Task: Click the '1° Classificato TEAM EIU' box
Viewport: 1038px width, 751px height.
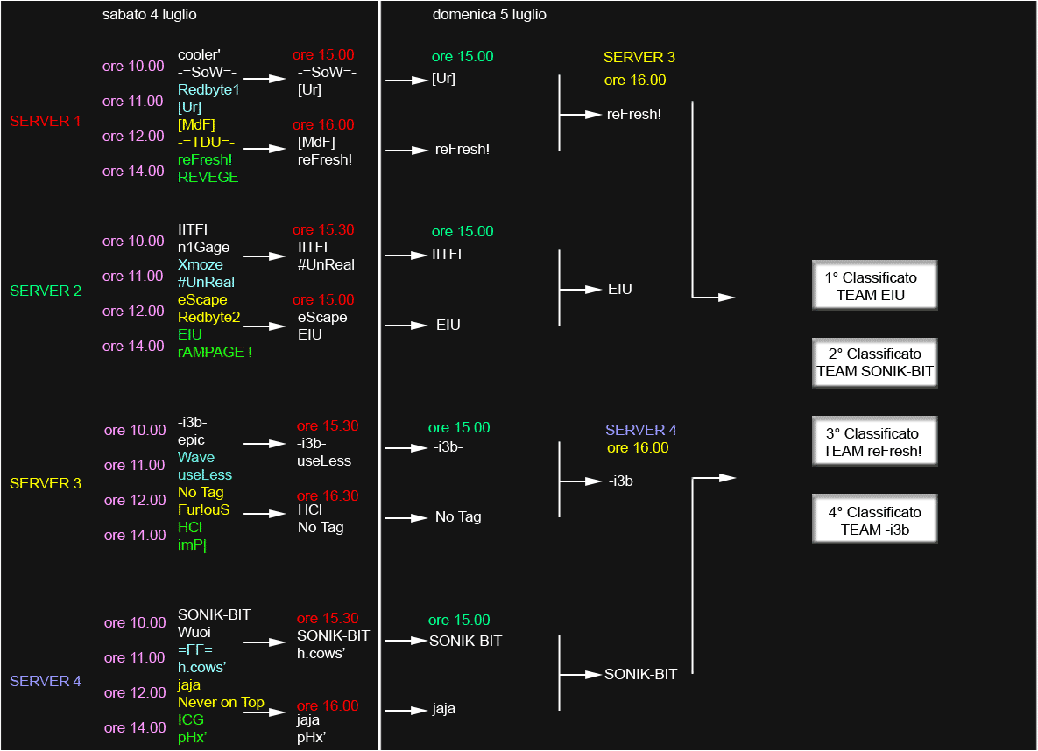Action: (x=874, y=285)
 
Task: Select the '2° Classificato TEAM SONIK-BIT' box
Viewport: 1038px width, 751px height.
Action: (x=874, y=362)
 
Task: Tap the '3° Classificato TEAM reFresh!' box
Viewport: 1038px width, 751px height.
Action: (x=874, y=441)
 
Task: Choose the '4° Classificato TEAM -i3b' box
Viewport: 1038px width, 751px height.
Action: (x=874, y=519)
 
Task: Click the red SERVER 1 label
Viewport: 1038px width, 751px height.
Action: (x=45, y=121)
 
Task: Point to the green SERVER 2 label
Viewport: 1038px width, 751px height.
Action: (x=45, y=291)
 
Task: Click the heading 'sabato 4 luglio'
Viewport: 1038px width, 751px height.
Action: (x=150, y=15)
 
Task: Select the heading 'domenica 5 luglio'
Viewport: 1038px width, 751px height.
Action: (x=489, y=15)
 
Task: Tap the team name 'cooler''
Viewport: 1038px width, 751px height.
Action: (x=199, y=55)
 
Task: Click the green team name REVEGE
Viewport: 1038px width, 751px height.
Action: (x=208, y=178)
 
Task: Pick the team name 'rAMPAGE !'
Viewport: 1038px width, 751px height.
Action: (x=215, y=352)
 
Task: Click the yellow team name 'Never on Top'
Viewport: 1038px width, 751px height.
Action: (x=221, y=702)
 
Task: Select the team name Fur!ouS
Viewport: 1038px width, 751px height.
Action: (x=203, y=509)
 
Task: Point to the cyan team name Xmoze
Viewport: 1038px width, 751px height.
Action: (x=200, y=264)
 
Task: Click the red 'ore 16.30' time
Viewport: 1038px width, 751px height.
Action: (x=327, y=495)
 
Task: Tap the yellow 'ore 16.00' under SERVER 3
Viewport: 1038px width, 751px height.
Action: (x=635, y=80)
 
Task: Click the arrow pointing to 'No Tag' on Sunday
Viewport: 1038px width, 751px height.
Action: (x=406, y=517)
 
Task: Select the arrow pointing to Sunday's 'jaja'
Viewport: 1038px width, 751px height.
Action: (x=406, y=710)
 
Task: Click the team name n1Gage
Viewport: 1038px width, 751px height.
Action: (x=203, y=248)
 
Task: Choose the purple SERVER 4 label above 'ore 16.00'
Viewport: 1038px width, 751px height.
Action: (x=641, y=430)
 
